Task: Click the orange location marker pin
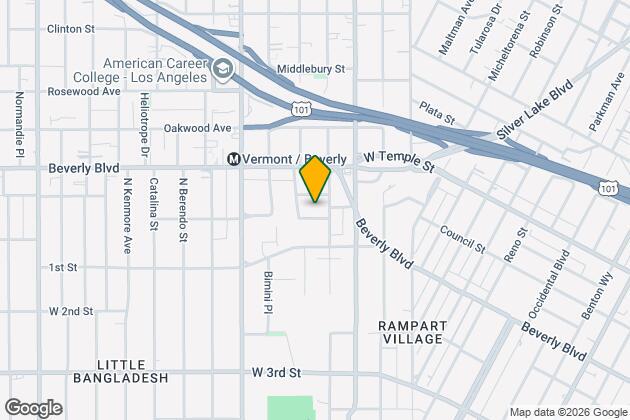(x=315, y=179)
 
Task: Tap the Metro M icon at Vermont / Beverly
(x=234, y=159)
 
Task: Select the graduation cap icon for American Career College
(x=223, y=70)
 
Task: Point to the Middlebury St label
(x=311, y=69)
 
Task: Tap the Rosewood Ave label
(x=84, y=91)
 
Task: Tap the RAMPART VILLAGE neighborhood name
(x=410, y=332)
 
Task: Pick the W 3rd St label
(x=277, y=372)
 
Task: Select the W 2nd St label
(x=71, y=311)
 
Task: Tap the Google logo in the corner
(x=33, y=407)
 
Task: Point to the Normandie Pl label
(x=19, y=125)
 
